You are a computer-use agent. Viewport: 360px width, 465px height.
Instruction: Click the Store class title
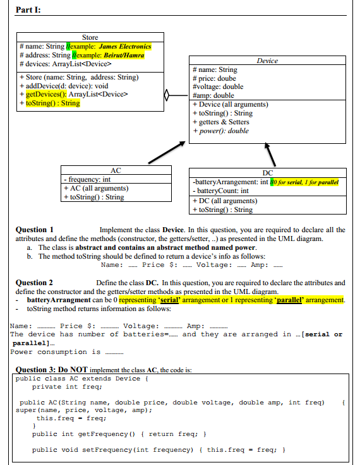point(90,37)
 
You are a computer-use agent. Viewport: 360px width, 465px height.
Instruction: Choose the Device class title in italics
point(267,61)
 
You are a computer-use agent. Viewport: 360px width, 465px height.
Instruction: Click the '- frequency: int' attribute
point(86,179)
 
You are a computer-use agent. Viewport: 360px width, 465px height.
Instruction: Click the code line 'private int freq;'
point(65,387)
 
